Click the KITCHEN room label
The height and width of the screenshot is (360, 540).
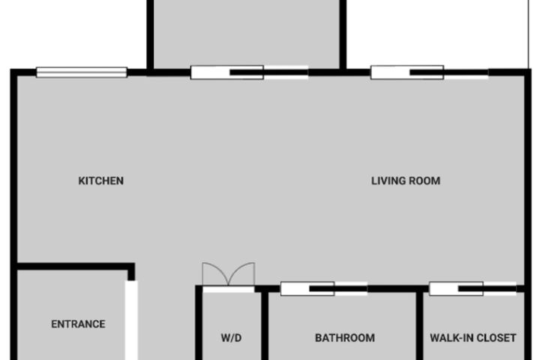coord(101,181)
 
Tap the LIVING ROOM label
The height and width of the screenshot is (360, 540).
coord(406,181)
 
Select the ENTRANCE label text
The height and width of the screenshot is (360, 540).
coord(78,324)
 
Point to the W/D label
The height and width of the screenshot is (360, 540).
coord(231,338)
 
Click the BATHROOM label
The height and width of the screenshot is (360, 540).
coord(345,338)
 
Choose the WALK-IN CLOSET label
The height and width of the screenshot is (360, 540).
coord(472,338)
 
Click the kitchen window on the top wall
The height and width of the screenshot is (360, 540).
coord(82,72)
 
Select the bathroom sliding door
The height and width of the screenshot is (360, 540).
coord(324,289)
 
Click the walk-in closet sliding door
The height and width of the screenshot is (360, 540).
coord(472,289)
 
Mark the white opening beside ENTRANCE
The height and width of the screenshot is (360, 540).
coord(131,320)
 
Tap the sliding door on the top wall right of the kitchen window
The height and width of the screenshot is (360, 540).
coord(249,72)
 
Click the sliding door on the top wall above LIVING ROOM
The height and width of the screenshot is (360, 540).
coord(430,72)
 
